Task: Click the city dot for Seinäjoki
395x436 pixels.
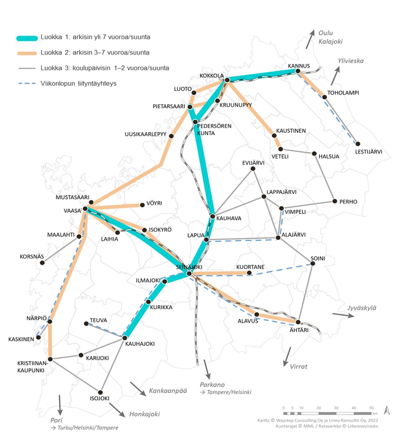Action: [189, 273]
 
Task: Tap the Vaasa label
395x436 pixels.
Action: [72, 210]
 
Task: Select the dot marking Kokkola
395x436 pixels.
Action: [227, 80]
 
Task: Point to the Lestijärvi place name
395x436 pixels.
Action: [369, 152]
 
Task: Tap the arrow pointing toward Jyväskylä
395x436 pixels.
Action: [343, 315]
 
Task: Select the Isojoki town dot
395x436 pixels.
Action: [101, 392]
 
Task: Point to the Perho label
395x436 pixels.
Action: [349, 202]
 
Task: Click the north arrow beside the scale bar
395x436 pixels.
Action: [386, 410]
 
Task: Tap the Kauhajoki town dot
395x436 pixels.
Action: [124, 338]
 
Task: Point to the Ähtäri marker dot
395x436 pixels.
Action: [298, 322]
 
